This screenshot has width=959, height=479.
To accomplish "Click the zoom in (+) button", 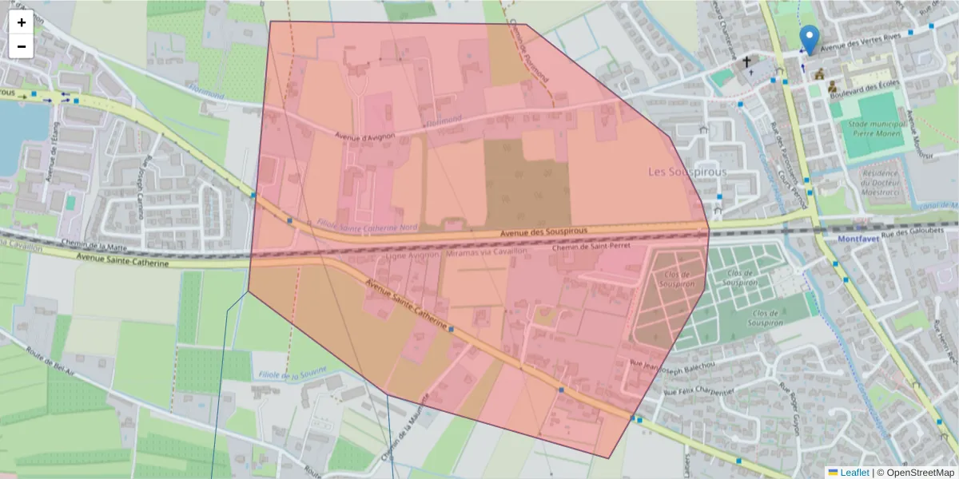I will [22, 22].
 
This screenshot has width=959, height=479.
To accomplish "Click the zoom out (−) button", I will [22, 46].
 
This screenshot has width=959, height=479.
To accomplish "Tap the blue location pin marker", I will [810, 39].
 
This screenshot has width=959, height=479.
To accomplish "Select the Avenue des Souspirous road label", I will [543, 232].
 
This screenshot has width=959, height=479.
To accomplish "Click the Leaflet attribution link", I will [854, 473].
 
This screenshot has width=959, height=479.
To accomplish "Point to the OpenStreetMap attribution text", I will [920, 473].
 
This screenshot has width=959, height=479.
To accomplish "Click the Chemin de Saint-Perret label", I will [591, 247].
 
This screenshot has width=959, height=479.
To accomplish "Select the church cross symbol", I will [747, 61].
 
